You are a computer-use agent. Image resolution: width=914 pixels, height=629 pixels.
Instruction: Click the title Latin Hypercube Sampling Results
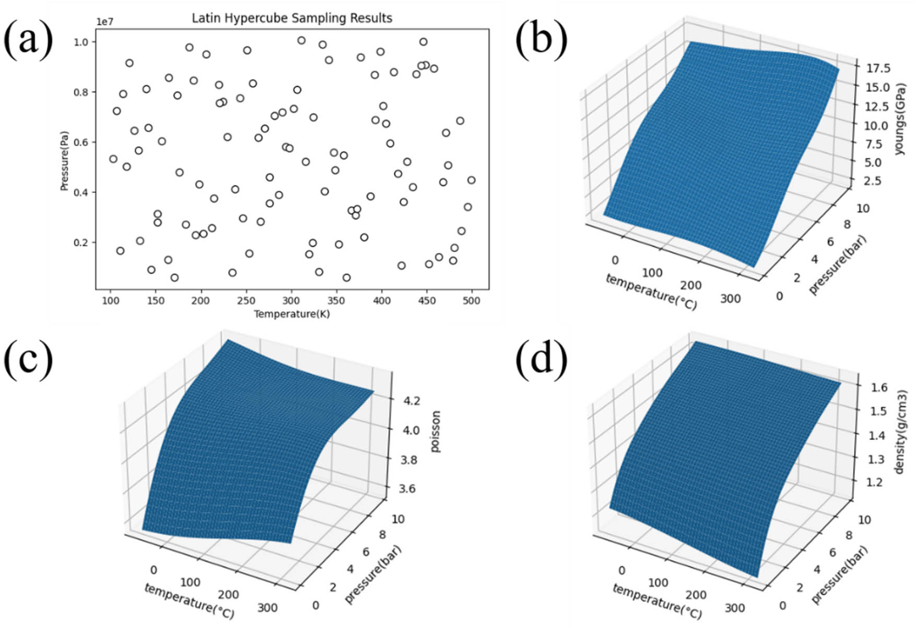tap(292, 18)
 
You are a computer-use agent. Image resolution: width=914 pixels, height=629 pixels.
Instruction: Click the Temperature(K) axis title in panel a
tap(292, 314)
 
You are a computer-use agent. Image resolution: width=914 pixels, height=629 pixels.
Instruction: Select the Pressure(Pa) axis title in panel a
tap(64, 161)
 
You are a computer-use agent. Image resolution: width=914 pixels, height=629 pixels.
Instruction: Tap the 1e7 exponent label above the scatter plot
tap(104, 22)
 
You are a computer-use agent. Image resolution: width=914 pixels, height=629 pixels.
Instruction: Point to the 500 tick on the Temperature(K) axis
tap(471, 301)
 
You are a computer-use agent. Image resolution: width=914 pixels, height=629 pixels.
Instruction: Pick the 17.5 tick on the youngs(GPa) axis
tap(878, 68)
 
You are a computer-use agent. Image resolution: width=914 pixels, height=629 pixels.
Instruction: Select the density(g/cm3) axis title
tap(900, 433)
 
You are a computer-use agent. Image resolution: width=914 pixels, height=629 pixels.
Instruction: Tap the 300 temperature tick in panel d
tap(734, 609)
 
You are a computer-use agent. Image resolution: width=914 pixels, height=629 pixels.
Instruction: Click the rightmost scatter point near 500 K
tap(471, 180)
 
